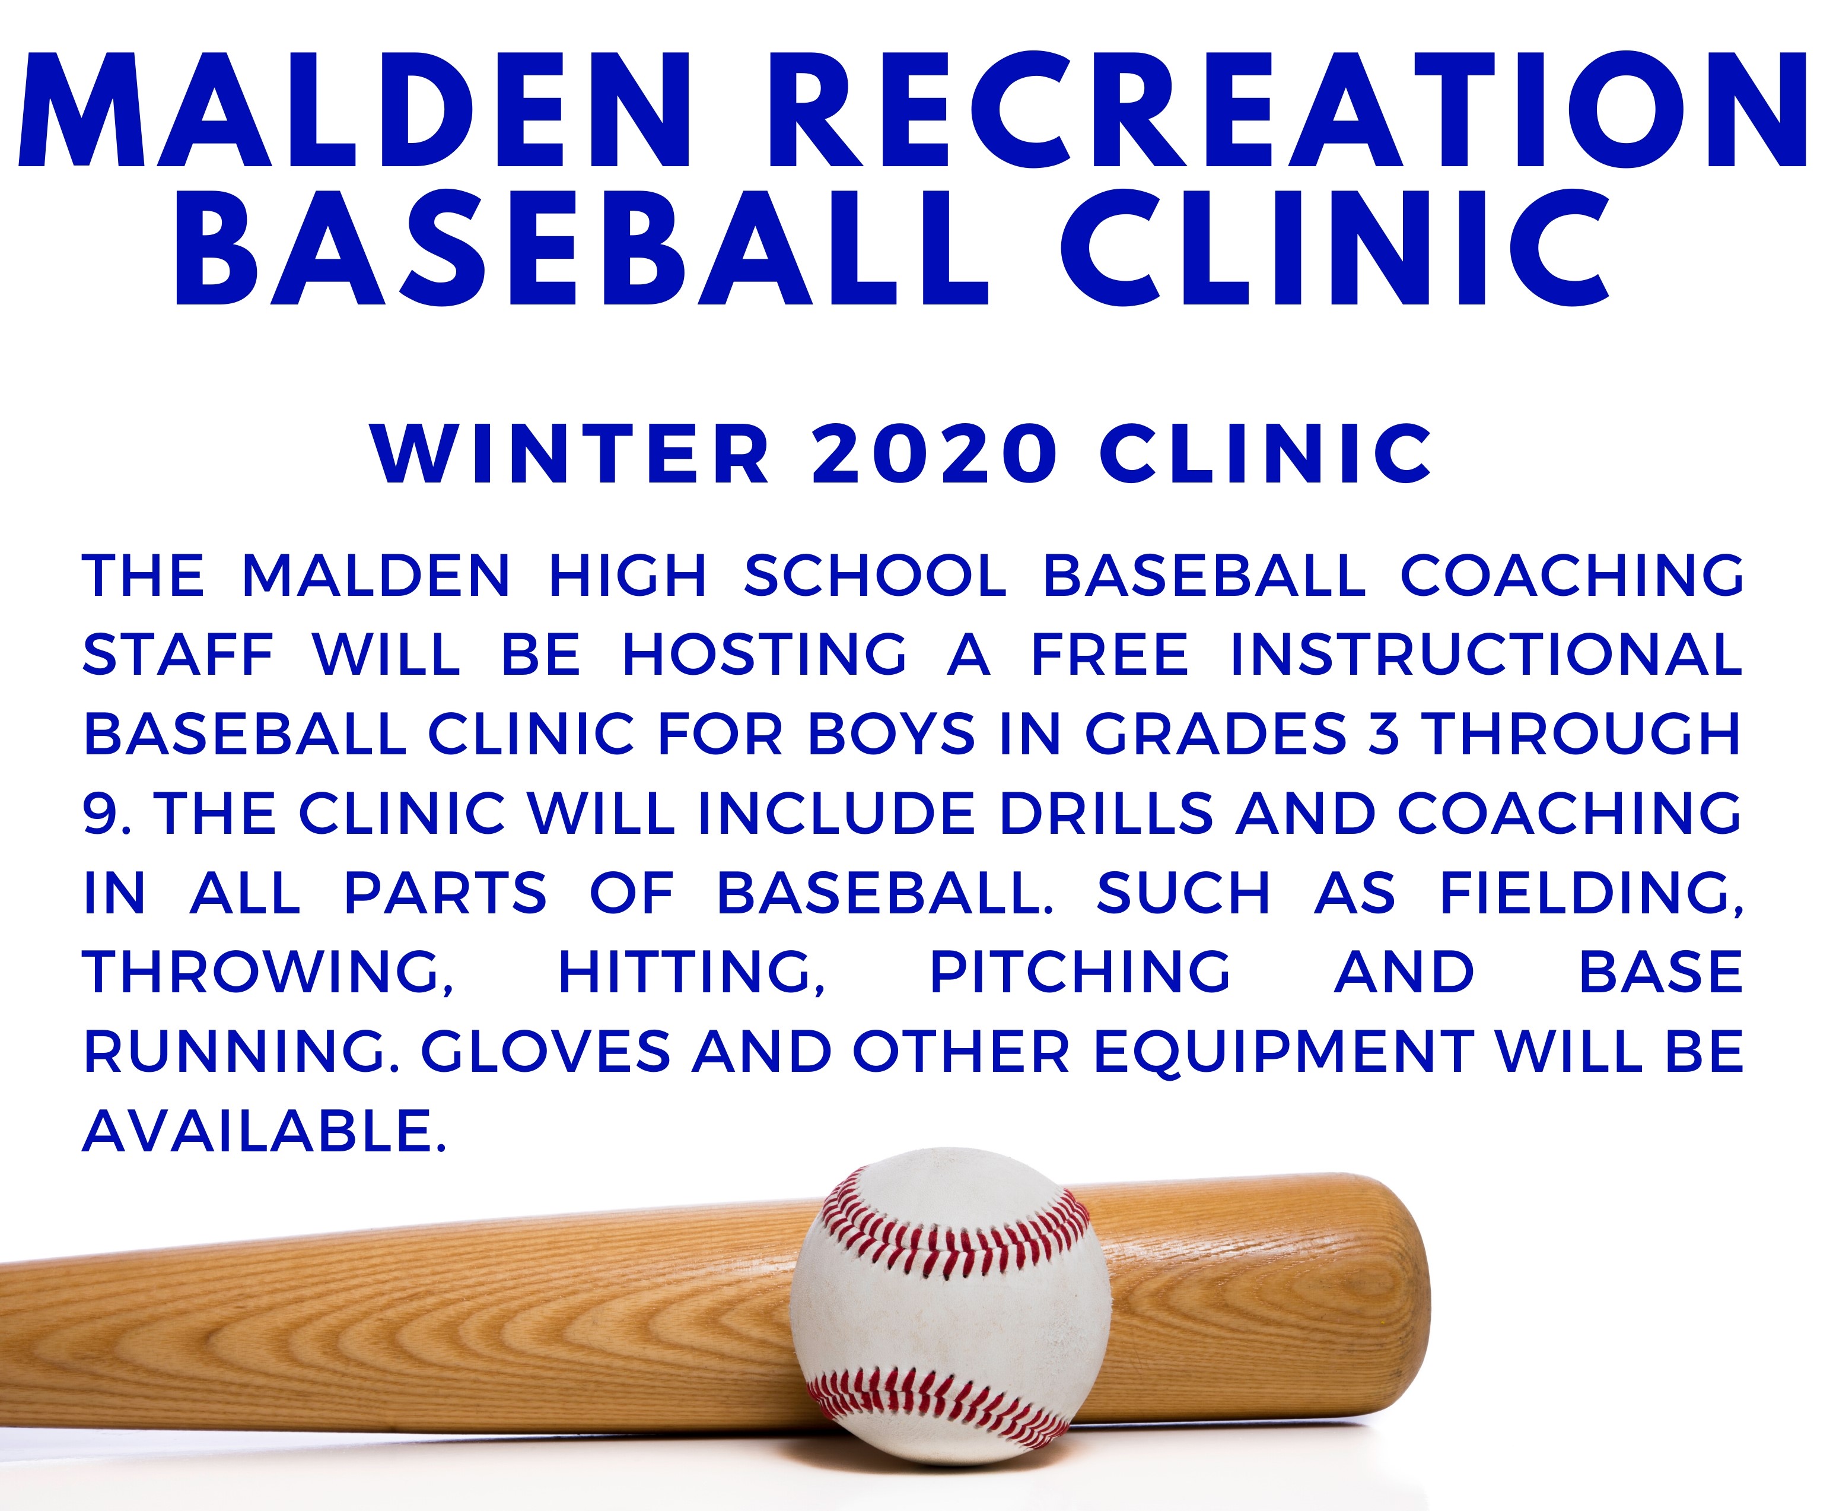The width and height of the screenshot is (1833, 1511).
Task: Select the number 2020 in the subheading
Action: point(935,455)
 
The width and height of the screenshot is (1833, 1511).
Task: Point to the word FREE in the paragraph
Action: point(1110,655)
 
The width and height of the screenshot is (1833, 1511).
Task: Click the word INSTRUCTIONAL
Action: point(1486,655)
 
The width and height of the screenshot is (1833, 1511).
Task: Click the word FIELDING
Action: point(1591,894)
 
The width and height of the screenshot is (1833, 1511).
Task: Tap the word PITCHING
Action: point(1080,972)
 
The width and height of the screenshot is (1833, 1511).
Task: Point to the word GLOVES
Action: point(546,1052)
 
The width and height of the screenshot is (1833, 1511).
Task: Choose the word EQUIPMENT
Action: point(1283,1052)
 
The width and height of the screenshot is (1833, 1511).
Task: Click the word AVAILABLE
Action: point(263,1132)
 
